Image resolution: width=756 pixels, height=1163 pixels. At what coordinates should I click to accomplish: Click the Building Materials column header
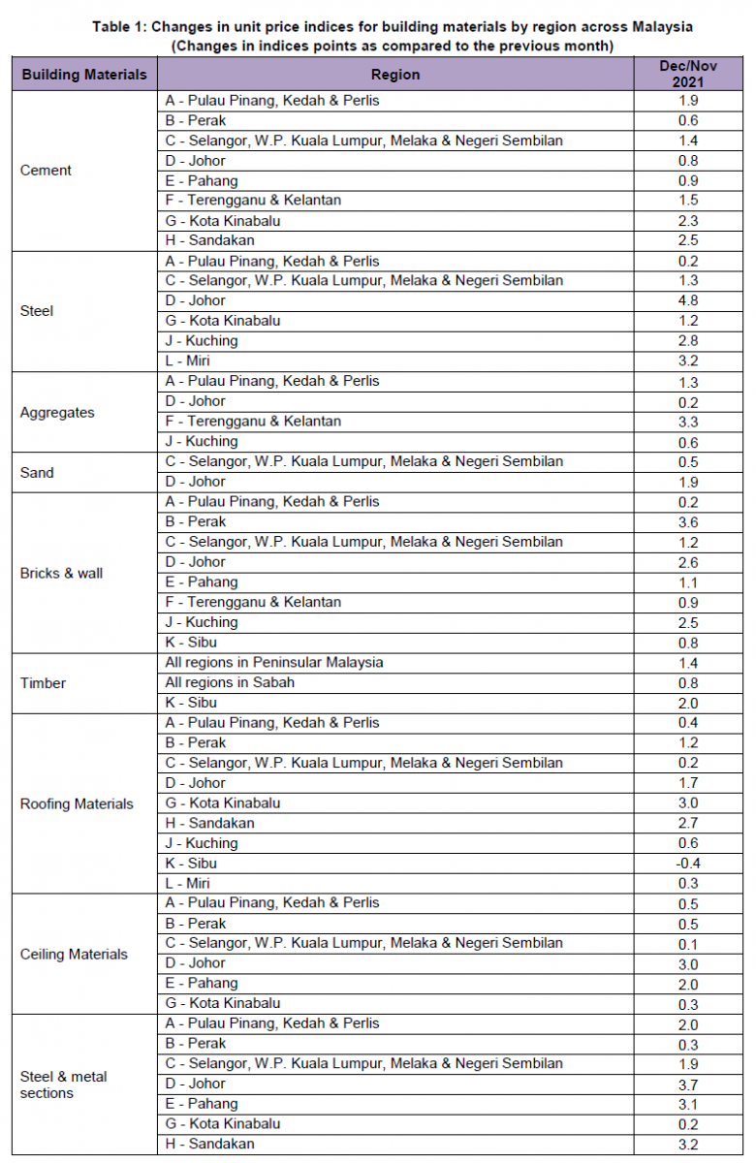pos(84,75)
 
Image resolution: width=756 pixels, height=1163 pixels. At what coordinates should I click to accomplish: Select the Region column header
pos(395,75)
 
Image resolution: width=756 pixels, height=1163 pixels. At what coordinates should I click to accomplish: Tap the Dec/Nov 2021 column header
pos(689,75)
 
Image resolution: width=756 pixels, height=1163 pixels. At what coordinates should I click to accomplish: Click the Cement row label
pos(46,171)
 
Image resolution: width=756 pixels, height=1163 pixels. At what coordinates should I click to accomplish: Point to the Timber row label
pos(43,683)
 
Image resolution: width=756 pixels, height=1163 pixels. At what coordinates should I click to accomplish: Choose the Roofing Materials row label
pos(77,803)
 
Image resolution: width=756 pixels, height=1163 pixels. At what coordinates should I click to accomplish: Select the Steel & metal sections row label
pos(64,1084)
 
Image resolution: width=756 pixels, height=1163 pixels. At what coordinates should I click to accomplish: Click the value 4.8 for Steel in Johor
pos(689,300)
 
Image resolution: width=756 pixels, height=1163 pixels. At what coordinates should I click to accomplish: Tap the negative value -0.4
pos(688,864)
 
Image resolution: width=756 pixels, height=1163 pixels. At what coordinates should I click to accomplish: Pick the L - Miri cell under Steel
pos(188,361)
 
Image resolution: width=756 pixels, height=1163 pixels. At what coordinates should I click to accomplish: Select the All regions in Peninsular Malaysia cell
pos(274,663)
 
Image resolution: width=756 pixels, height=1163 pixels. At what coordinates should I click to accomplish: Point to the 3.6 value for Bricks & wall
pos(689,521)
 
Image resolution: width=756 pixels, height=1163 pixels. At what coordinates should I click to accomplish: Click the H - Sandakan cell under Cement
pos(209,240)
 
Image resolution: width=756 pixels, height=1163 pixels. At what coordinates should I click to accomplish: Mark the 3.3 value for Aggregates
pos(689,422)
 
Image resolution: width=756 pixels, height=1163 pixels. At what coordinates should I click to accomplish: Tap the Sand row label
pos(37,473)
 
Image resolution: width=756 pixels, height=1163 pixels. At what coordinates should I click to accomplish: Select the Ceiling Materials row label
pos(74,955)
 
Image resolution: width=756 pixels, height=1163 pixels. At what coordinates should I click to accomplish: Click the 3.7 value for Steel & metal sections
pos(689,1084)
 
